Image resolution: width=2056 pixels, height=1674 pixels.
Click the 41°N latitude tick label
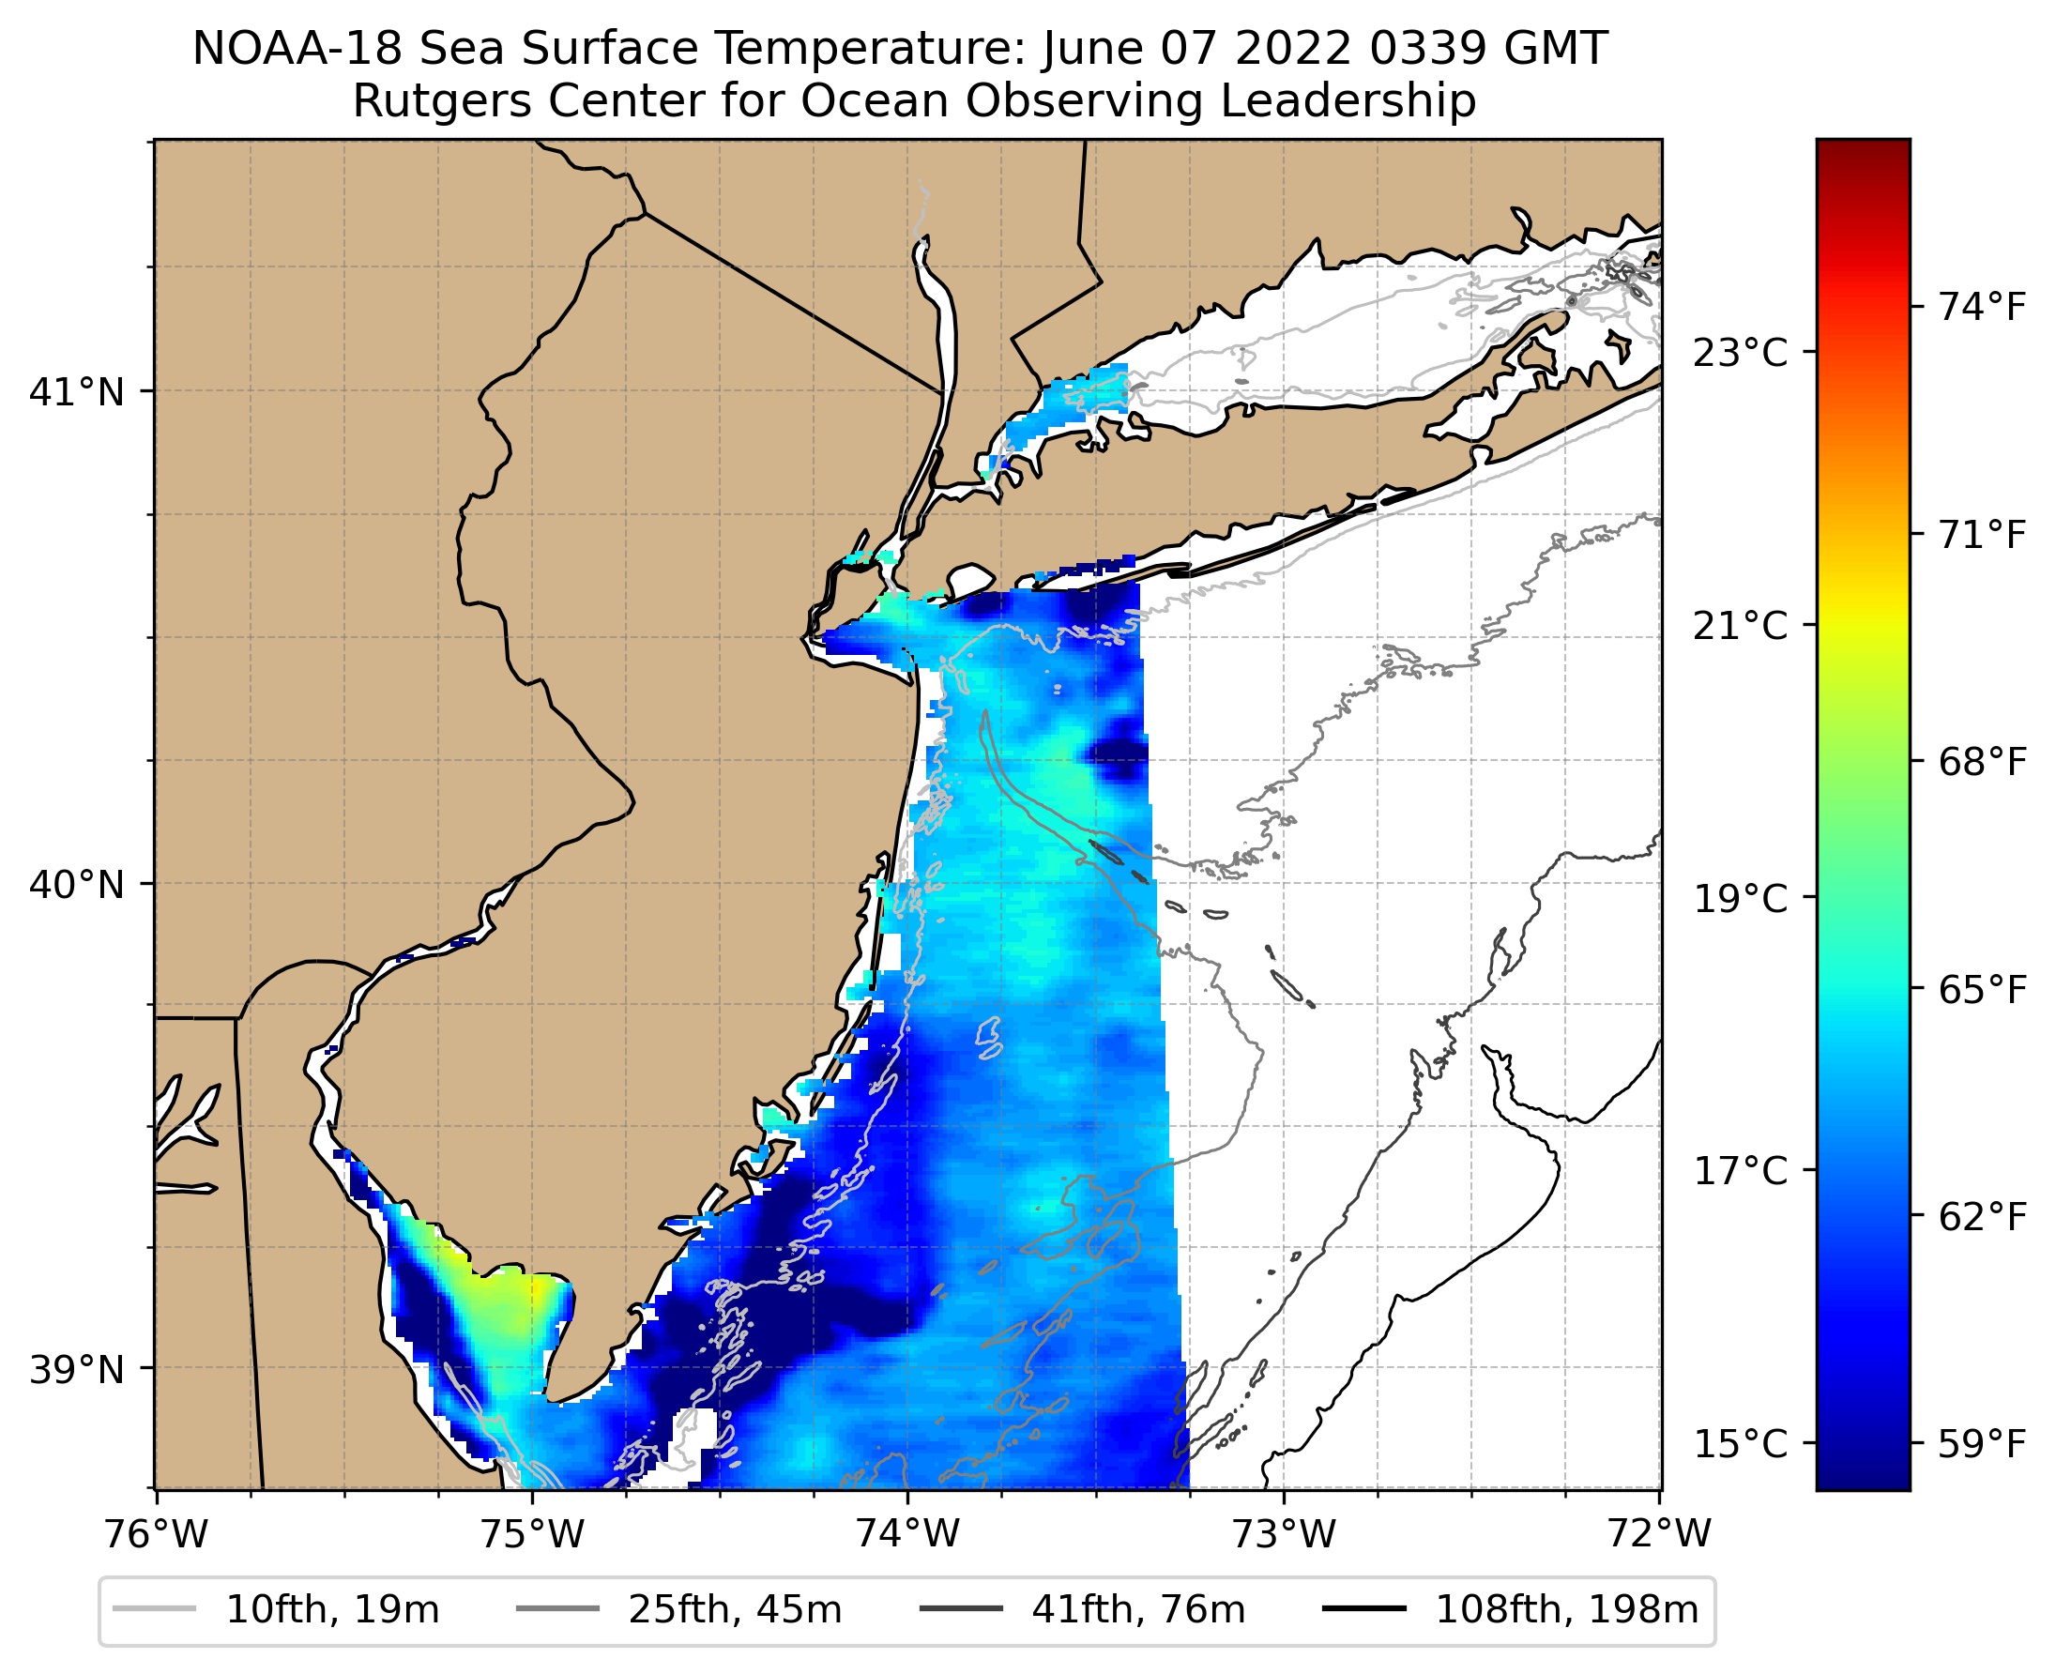77,392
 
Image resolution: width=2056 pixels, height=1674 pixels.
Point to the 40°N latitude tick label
77,884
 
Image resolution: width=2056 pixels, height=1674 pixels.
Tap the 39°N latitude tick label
77,1369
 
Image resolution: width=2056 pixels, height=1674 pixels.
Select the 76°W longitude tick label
155,1534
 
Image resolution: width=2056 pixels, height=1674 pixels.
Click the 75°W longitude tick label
532,1534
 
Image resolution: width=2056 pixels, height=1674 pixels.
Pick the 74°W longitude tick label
907,1534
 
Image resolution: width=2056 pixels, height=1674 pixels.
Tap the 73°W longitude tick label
1284,1534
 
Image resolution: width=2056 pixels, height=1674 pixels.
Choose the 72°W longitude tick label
1659,1534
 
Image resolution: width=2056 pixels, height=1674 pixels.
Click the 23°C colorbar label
1740,353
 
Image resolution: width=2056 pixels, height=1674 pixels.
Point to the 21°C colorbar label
1740,626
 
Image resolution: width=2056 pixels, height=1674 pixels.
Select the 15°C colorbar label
1740,1444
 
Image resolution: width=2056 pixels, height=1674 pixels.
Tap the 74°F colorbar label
1983,308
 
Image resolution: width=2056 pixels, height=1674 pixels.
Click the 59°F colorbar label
1983,1444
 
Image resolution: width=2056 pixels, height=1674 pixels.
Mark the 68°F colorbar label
1983,763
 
